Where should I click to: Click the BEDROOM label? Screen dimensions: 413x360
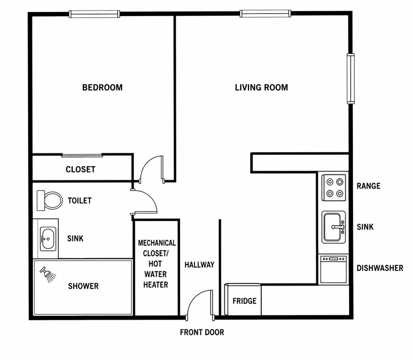point(102,87)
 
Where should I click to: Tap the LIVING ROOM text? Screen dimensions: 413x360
point(261,87)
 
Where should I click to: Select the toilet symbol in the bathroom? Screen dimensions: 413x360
point(49,201)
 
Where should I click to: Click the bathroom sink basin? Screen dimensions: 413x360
point(48,239)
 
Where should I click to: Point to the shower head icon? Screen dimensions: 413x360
point(48,274)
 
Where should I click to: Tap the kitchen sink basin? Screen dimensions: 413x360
point(334,227)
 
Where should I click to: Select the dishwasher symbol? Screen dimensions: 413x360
point(333,269)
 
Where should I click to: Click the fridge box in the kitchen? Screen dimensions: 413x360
point(243,299)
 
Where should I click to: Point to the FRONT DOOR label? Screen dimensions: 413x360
point(202,332)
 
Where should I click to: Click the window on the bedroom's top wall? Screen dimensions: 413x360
point(94,14)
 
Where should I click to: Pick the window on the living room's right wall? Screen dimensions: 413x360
point(351,78)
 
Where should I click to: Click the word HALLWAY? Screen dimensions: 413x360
point(199,265)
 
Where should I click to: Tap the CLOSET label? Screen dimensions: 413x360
point(81,169)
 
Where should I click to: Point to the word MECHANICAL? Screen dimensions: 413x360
point(157,243)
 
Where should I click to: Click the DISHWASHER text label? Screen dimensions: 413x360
point(380,268)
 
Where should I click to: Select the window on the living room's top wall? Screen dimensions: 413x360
point(265,14)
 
